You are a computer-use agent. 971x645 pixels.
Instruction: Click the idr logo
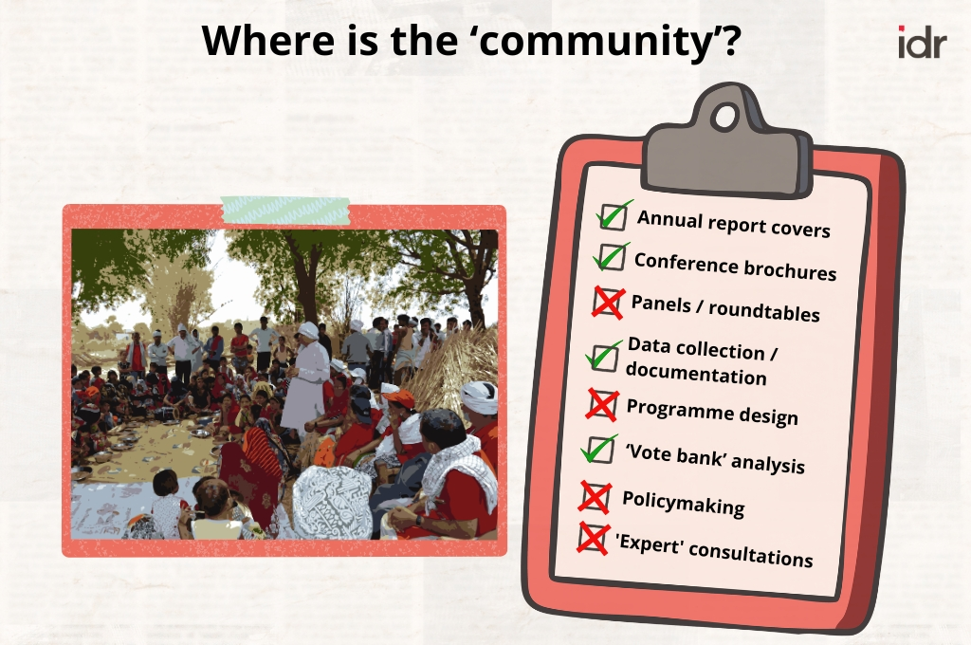tap(922, 42)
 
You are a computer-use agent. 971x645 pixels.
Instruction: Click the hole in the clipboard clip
tap(725, 117)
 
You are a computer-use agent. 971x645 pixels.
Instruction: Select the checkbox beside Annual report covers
tap(614, 215)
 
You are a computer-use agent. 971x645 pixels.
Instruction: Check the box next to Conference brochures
tap(612, 257)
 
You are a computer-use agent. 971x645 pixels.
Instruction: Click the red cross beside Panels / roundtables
tap(608, 303)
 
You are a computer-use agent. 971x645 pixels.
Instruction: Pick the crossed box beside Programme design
tap(602, 405)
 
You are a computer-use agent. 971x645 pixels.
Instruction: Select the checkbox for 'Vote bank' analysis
tap(599, 450)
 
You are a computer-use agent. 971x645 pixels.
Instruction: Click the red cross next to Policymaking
tap(595, 498)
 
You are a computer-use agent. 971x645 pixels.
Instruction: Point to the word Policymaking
tap(683, 503)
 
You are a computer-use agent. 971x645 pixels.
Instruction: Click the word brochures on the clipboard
tap(790, 268)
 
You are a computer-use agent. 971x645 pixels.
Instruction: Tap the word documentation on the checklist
tap(696, 373)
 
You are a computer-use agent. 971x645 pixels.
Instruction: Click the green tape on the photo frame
tap(284, 210)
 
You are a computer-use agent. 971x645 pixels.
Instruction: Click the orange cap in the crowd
tap(398, 398)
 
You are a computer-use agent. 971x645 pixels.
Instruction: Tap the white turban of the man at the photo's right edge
tap(479, 396)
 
